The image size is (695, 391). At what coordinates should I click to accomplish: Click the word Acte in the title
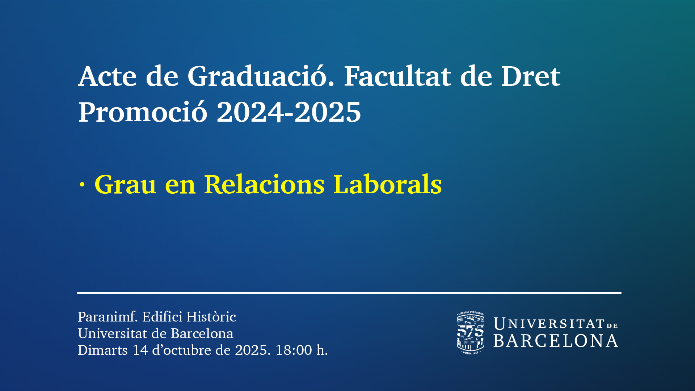pos(108,76)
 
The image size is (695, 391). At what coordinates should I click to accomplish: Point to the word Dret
pos(531,76)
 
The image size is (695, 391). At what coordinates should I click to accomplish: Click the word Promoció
pos(143,112)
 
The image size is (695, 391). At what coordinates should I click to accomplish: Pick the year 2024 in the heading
pos(250,112)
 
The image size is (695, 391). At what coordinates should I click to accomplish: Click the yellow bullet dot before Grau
pos(82,185)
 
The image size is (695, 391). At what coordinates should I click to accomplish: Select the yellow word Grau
pos(125,185)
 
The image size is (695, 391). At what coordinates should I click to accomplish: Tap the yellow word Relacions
pos(264,184)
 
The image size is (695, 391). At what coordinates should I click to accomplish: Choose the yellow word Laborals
pos(387,184)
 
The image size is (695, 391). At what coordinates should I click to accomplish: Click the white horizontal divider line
pos(349,293)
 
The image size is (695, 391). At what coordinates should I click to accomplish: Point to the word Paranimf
pos(108,317)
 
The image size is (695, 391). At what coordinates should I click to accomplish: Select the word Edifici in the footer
pos(162,317)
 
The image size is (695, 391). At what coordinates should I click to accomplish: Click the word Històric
pos(211,317)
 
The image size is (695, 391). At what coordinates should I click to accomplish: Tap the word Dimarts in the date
pos(103,350)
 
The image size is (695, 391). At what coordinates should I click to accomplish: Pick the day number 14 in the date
pos(140,350)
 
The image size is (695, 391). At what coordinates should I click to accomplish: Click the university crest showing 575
pos(471,333)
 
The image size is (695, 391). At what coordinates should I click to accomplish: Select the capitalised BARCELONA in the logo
pos(556,341)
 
